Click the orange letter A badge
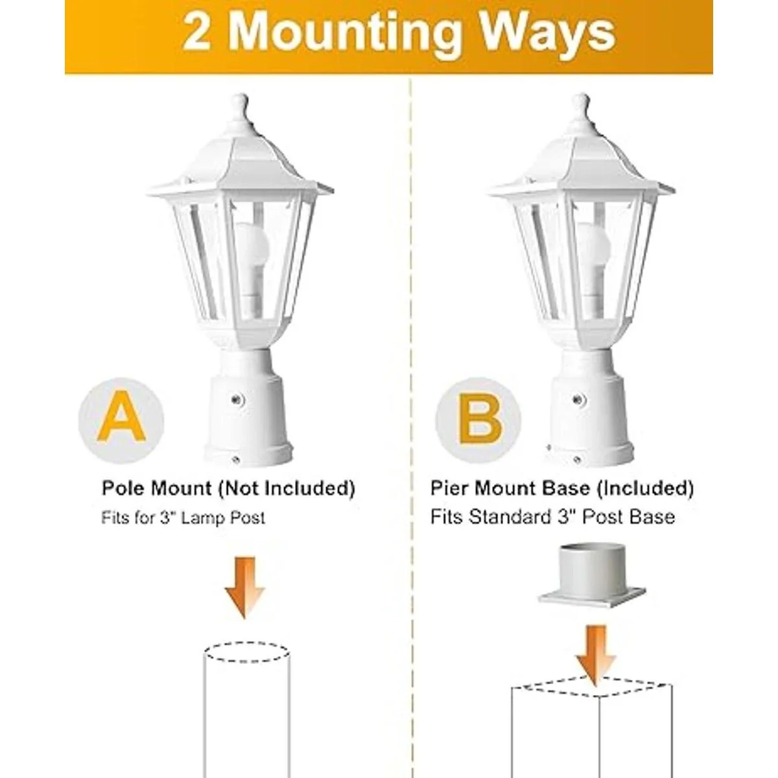(121, 421)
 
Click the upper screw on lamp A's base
(237, 399)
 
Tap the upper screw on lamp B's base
(578, 399)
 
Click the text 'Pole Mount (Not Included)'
(228, 489)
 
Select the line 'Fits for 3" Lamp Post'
(183, 517)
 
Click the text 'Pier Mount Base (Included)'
(562, 489)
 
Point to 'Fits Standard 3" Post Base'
(552, 517)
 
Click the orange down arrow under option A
(244, 587)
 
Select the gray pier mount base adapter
(591, 582)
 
